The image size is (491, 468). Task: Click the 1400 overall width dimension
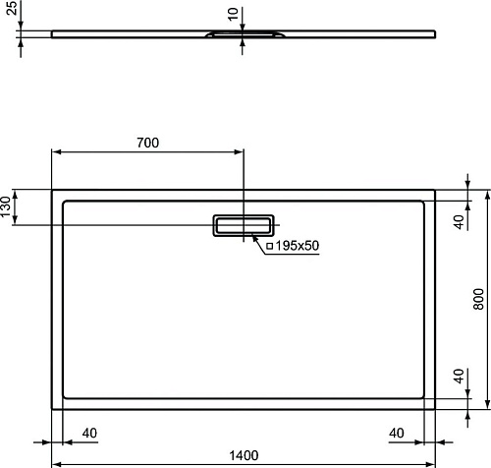pos(244,455)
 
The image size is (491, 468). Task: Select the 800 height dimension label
pos(478,299)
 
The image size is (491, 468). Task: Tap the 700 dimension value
pos(148,143)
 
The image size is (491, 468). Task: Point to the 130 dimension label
pos(6,206)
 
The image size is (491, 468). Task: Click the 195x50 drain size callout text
pos(298,246)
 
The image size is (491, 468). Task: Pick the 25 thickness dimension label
pos(12,8)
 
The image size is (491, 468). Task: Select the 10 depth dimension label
pos(233,15)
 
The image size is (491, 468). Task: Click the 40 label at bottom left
pos(89,434)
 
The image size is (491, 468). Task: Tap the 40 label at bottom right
pos(397,434)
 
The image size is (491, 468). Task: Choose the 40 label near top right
pos(460,222)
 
